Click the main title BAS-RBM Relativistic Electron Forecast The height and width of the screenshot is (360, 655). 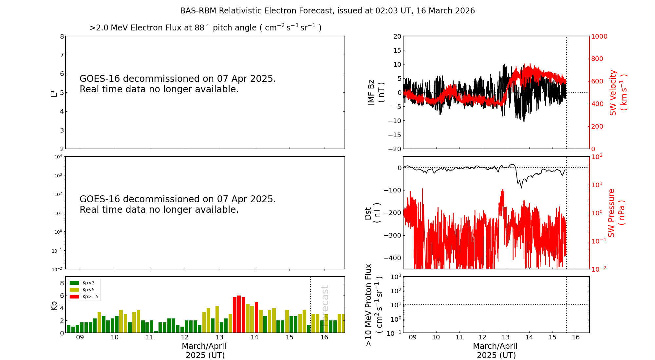point(327,11)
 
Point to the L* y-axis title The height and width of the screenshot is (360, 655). point(54,93)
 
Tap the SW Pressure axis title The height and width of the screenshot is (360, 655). point(616,213)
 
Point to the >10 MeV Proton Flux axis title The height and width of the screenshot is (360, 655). point(373,305)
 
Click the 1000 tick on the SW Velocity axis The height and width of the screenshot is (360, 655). point(599,36)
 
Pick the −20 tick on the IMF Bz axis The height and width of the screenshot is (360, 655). point(394,149)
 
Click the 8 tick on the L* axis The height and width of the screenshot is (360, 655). point(62,36)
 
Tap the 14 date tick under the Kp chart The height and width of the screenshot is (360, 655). point(254,337)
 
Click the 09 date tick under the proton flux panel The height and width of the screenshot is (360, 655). point(413,337)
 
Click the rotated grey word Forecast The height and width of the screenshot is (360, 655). point(325,301)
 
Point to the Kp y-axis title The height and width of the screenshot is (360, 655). point(54,305)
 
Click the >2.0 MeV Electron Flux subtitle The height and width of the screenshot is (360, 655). point(205,28)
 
